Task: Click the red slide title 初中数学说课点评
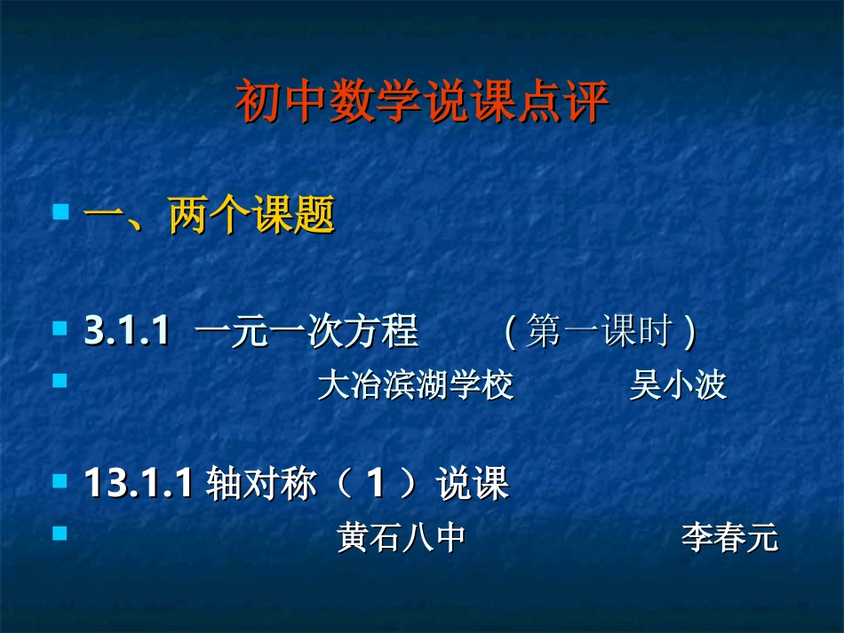pos(422,103)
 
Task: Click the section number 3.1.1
pos(127,332)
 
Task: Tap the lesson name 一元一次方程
pos(306,332)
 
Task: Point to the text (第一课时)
pos(599,332)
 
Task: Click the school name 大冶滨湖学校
pos(415,385)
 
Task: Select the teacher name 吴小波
pos(677,385)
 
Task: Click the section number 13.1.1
pos(139,485)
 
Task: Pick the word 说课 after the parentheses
pos(472,485)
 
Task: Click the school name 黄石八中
pos(402,538)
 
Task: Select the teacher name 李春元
pos(729,538)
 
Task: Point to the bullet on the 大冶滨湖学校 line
pos(60,381)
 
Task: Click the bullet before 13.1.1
pos(60,481)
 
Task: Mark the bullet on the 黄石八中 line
pos(60,534)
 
